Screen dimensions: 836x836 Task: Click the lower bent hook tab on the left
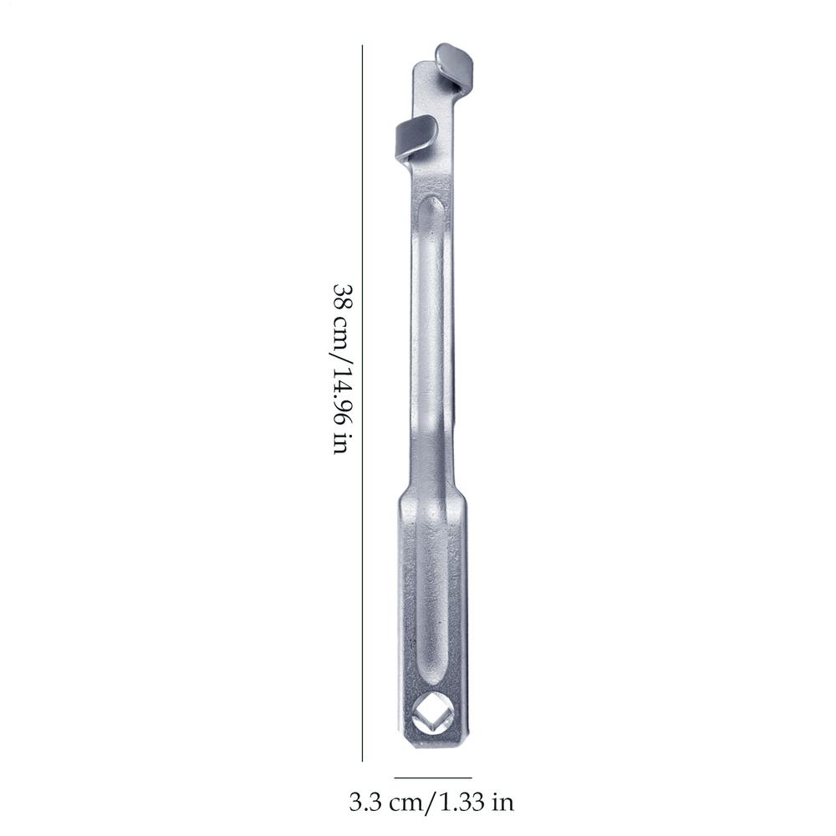(415, 135)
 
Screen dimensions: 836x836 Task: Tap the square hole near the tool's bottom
(433, 716)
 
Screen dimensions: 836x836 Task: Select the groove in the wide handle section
(433, 602)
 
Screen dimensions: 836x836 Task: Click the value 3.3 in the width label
(365, 803)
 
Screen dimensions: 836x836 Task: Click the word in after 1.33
(502, 803)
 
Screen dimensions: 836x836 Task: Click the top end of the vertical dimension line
(362, 46)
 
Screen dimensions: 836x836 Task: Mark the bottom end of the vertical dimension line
(362, 760)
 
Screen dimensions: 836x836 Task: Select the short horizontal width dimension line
(433, 777)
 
